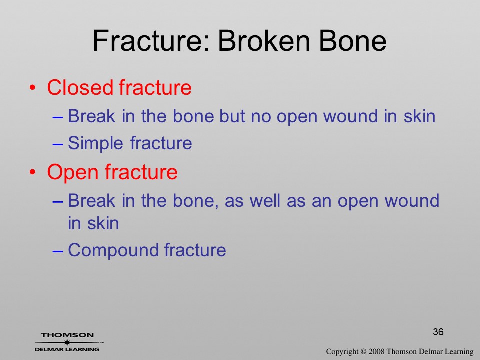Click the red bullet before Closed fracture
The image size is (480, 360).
click(x=33, y=88)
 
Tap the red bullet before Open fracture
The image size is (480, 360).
click(x=33, y=173)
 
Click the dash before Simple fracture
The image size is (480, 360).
click(x=58, y=144)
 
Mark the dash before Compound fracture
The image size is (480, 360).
click(x=58, y=251)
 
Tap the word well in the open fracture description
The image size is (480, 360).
click(x=265, y=201)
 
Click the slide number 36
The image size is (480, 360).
click(x=438, y=332)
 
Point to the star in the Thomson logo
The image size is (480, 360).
click(x=67, y=342)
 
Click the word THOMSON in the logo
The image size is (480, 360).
click(x=67, y=335)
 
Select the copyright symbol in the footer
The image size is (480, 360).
click(x=363, y=352)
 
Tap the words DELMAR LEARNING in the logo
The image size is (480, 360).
click(x=67, y=349)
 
